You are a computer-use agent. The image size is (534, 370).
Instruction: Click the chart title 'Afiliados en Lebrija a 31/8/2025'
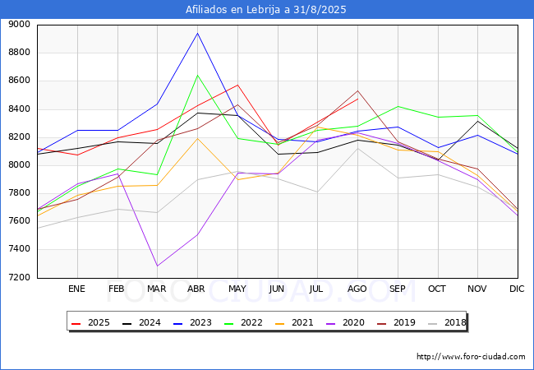[x=266, y=9]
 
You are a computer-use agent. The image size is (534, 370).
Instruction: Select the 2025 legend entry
[x=93, y=322]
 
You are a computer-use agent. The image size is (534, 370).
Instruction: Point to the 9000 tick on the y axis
[x=20, y=25]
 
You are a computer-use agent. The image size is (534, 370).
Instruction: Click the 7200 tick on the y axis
[x=20, y=277]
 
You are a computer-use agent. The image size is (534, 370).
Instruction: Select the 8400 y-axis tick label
[x=20, y=109]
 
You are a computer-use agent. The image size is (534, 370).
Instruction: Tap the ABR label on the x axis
[x=196, y=289]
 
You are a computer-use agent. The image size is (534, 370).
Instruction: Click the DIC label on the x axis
[x=517, y=289]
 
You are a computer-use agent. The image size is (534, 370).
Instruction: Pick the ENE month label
[x=76, y=289]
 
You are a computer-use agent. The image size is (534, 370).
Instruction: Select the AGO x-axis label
[x=357, y=289]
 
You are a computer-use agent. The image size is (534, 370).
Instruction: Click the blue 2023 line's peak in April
[x=197, y=34]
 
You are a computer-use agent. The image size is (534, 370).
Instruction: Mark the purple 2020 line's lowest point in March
[x=157, y=266]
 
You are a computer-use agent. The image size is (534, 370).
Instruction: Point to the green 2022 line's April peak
[x=197, y=76]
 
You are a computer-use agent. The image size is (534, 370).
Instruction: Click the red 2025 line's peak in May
[x=237, y=85]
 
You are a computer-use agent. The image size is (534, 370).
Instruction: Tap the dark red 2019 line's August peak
[x=357, y=91]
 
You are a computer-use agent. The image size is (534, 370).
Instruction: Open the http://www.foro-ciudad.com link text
[x=471, y=357]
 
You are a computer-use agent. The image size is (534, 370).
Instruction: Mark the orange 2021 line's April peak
[x=197, y=137]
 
